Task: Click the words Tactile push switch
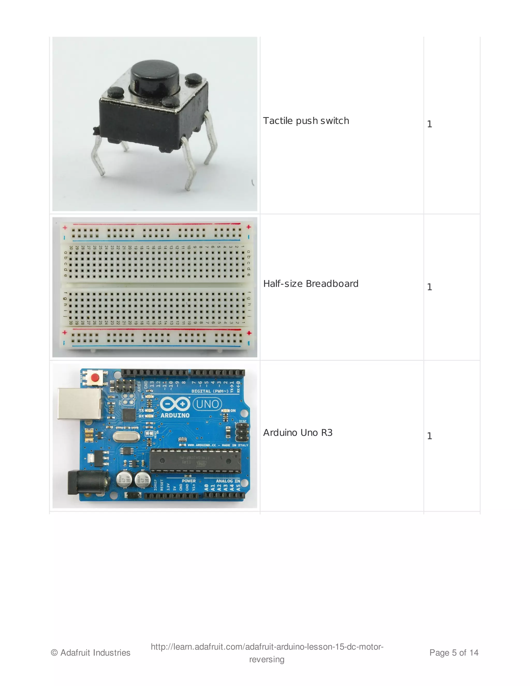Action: click(306, 121)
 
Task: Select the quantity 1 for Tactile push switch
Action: click(430, 124)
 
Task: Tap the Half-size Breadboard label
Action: click(311, 284)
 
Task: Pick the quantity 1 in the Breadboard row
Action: click(430, 287)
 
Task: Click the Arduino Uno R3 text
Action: click(298, 433)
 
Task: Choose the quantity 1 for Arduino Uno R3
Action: click(430, 436)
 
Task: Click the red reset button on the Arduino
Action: click(94, 377)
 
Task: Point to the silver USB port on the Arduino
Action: click(80, 404)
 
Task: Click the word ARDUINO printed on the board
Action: click(175, 415)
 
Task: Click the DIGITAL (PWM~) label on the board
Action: click(210, 391)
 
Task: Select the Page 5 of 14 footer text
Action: click(454, 653)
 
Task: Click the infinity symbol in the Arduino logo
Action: click(175, 404)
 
